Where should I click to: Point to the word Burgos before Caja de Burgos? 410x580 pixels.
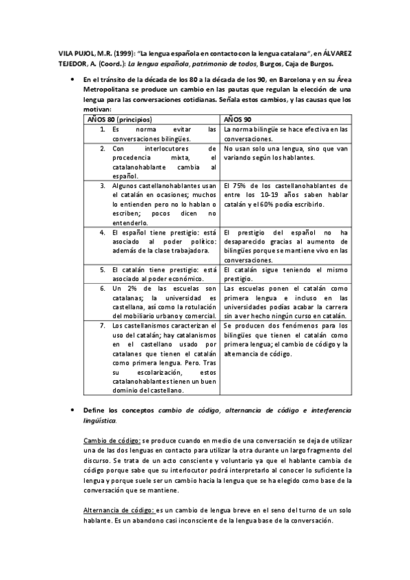(273, 64)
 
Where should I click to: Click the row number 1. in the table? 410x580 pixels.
(101, 129)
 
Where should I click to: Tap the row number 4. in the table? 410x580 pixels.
(101, 233)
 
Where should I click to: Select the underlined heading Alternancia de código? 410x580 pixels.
(119, 510)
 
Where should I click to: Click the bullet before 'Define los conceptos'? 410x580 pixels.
(71, 409)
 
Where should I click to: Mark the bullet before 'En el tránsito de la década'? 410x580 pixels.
(71, 80)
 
